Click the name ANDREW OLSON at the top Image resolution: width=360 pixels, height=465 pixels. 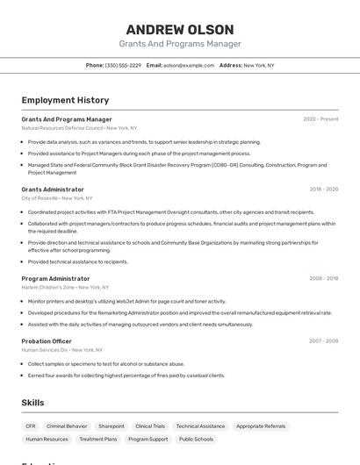point(179,29)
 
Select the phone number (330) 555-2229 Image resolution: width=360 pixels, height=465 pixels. point(123,65)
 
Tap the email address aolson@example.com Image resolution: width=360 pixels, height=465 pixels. point(188,65)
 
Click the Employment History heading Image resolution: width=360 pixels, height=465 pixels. point(65,100)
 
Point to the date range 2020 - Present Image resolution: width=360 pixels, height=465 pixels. point(320,119)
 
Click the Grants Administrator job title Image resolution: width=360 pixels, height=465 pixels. point(53,190)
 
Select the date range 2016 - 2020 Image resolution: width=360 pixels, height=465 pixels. point(323,190)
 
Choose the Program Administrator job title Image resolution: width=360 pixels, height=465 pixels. point(55,279)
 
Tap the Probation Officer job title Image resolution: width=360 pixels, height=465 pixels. point(47,340)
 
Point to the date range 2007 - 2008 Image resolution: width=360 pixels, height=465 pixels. point(323,340)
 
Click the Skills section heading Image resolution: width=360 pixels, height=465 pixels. point(33,403)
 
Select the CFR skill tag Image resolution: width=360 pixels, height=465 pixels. point(30,426)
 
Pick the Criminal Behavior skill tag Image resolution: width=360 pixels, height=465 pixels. point(67,426)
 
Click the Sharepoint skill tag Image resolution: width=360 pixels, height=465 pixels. point(112,426)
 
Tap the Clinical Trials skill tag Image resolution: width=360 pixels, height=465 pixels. point(150,426)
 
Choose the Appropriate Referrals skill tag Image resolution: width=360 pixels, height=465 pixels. point(261,426)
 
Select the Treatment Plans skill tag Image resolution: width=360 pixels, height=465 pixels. point(97,439)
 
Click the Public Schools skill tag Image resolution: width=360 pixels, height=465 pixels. point(197,439)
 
